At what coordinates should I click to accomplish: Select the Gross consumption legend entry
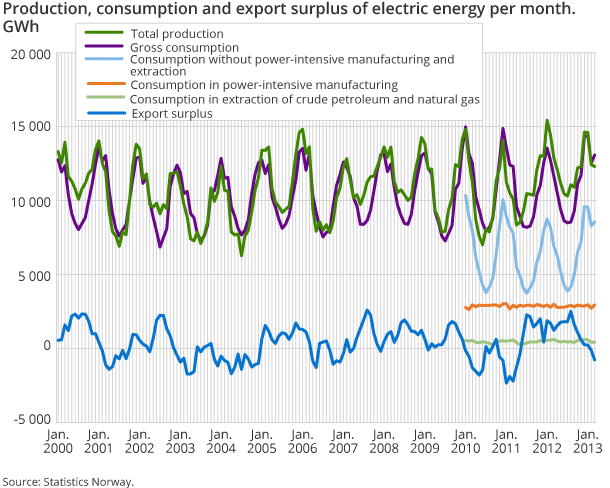[184, 47]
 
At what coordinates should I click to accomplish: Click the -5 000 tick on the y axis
[27, 419]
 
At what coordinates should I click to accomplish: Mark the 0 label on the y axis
[42, 346]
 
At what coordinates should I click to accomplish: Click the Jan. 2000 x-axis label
[58, 442]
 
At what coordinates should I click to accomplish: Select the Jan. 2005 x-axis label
[263, 442]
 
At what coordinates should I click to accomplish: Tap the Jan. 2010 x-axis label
[466, 442]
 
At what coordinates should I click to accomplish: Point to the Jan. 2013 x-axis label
[587, 442]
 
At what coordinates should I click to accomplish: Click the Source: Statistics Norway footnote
[68, 481]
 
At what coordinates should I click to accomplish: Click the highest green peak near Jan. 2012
[547, 121]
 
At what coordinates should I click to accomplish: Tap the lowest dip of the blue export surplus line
[507, 383]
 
